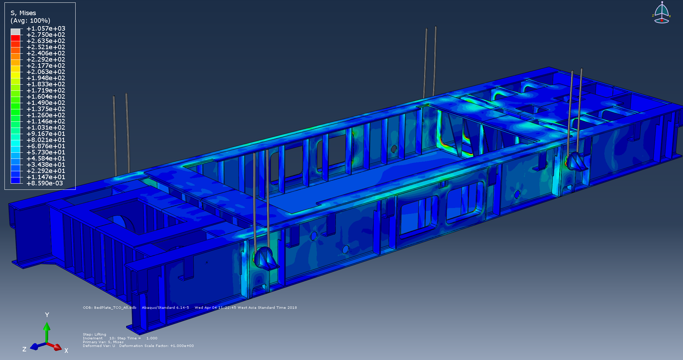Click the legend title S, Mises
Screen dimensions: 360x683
pos(23,13)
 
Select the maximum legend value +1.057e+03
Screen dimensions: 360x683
pos(46,29)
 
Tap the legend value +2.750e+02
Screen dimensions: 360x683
pos(46,35)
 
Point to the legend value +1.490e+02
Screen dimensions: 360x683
pos(46,103)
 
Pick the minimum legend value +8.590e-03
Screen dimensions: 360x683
pos(45,183)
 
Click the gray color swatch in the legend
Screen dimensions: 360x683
pos(15,32)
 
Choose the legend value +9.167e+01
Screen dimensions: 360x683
pos(46,134)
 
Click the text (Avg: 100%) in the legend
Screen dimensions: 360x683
pos(30,21)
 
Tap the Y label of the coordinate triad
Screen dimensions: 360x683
pos(47,315)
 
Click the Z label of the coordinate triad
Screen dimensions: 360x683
pos(24,349)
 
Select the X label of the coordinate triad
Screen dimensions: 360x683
pos(66,351)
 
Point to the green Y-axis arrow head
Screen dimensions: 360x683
pos(47,326)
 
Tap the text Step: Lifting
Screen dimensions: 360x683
pos(95,334)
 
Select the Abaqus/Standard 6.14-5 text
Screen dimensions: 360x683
pos(165,308)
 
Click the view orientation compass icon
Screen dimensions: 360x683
pos(661,13)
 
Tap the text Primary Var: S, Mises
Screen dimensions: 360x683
pos(103,342)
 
